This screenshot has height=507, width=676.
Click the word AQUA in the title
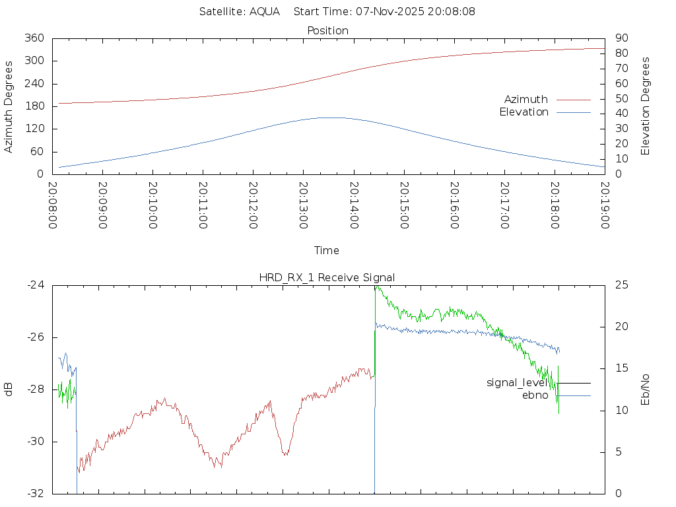(x=264, y=11)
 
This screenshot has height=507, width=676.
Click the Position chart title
(x=327, y=30)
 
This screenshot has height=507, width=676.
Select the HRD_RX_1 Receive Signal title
(x=327, y=277)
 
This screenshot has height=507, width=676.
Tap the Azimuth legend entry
(x=526, y=99)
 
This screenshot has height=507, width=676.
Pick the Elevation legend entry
(x=524, y=112)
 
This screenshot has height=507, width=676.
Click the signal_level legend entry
(x=517, y=383)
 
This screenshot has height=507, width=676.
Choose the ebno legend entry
(x=535, y=395)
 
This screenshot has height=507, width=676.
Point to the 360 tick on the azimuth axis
(x=34, y=38)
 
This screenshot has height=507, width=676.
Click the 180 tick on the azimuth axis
(x=34, y=106)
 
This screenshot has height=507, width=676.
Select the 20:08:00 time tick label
(x=53, y=205)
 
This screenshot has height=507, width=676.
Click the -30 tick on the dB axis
(x=35, y=442)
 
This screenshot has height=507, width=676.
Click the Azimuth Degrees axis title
(x=9, y=106)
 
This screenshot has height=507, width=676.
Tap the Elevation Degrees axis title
(x=646, y=106)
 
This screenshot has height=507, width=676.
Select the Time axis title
(x=327, y=250)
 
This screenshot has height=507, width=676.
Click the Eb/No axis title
(x=646, y=389)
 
